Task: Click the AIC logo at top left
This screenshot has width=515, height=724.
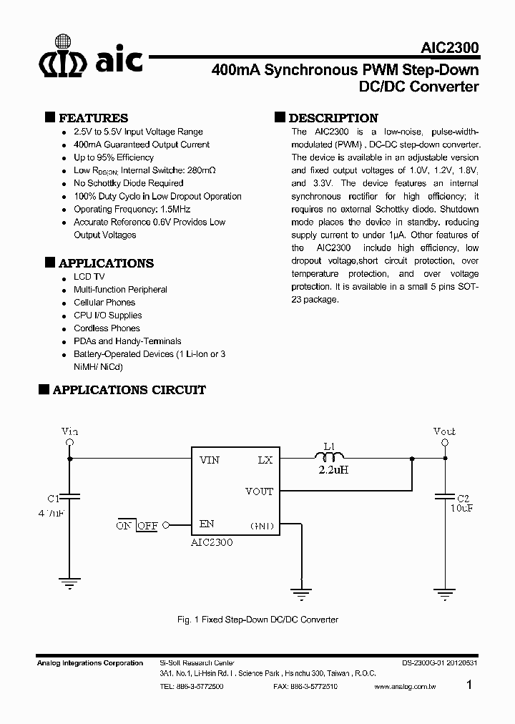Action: (89, 56)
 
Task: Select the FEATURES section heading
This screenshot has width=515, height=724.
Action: (93, 118)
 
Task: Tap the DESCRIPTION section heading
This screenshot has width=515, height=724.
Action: (333, 118)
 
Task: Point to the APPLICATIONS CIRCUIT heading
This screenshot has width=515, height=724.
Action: (129, 390)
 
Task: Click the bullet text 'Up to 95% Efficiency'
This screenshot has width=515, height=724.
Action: (114, 157)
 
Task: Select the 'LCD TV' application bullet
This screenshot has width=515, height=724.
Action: (89, 277)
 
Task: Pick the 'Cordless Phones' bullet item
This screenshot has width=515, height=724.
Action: (107, 328)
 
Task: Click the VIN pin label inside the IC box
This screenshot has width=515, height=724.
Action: (210, 460)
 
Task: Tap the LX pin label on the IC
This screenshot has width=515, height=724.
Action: (265, 460)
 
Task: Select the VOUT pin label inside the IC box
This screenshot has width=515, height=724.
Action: (259, 491)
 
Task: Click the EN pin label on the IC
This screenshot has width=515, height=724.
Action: (207, 524)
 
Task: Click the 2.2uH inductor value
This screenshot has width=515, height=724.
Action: (333, 470)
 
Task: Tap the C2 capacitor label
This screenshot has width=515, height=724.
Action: (463, 497)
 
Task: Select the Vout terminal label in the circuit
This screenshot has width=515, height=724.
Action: (444, 431)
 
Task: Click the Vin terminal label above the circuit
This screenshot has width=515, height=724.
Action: (69, 431)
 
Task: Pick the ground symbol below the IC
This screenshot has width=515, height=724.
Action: (301, 593)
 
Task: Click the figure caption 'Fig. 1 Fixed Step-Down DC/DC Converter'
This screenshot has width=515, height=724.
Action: (257, 620)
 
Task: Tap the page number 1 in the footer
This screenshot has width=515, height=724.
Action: (469, 685)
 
